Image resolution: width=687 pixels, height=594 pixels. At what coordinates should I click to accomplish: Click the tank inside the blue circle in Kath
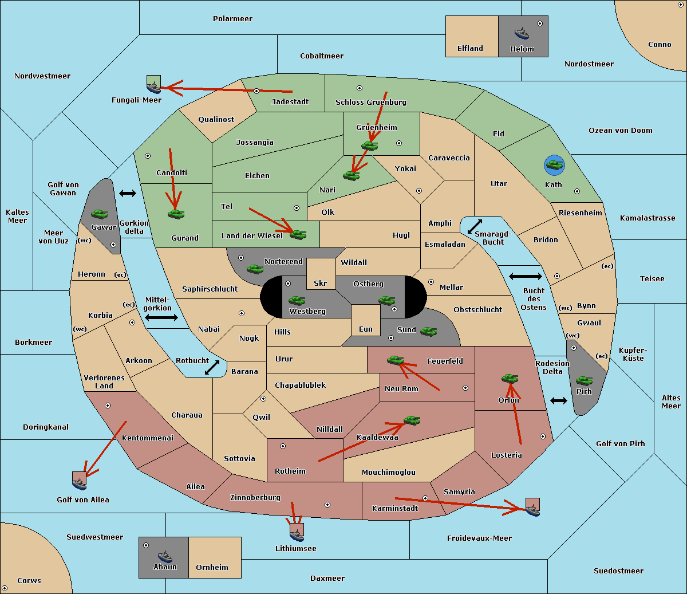coord(554,164)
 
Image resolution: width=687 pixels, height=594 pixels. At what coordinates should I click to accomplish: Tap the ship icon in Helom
coord(522,33)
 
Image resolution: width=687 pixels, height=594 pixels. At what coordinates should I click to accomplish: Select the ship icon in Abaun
coord(165,556)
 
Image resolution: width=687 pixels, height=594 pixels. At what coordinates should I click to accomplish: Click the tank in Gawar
coord(99,214)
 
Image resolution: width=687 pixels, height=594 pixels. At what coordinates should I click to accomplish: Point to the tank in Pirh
coord(584,380)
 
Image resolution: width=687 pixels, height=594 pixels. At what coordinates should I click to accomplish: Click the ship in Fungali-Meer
coord(154,87)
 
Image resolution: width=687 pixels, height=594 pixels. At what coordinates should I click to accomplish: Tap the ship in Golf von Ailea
coord(80,483)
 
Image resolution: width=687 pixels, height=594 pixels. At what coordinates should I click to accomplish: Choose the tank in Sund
coord(428,331)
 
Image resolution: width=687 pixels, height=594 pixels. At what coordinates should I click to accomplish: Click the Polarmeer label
coord(232,19)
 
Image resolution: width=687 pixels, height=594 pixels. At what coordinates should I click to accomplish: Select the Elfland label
coord(470,49)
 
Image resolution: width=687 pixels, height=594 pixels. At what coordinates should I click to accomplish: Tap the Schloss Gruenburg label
coord(371,102)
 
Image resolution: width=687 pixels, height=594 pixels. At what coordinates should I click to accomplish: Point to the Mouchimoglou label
coord(389,472)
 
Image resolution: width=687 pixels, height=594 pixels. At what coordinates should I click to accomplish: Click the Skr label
coord(321,283)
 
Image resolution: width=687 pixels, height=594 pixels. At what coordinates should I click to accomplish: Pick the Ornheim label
coord(212,567)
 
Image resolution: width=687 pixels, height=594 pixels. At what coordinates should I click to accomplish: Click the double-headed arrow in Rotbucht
coord(212,367)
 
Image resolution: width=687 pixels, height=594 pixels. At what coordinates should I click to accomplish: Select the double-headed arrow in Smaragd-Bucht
coord(475,226)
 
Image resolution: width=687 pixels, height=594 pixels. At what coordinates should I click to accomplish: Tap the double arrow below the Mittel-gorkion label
coord(161,317)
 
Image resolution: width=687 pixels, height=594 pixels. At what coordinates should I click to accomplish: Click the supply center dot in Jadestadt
coord(256,91)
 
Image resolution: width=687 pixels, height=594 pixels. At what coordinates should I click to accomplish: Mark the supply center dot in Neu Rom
coord(465,388)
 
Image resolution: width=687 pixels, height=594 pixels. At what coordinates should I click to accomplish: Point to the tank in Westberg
coord(297,300)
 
